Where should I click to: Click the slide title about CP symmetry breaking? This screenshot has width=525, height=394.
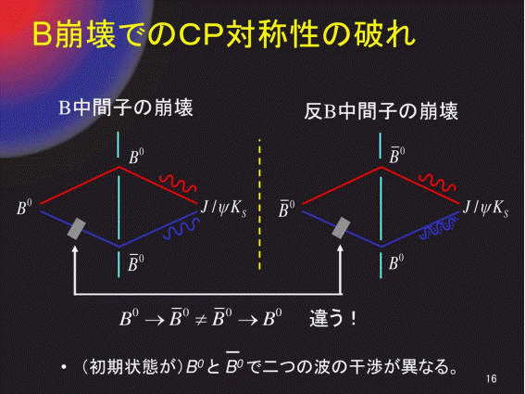tap(224, 34)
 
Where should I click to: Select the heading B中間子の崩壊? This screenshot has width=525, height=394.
tap(126, 108)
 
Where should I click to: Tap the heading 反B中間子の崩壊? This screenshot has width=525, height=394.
tap(381, 111)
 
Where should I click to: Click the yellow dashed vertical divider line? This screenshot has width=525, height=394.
tap(260, 204)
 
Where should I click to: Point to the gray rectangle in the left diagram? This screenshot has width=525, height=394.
tap(77, 229)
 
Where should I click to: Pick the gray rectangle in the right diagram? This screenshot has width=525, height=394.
tap(341, 228)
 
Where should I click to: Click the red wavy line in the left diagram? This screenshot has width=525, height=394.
tap(178, 183)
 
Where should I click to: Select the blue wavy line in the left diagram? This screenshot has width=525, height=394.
tap(181, 229)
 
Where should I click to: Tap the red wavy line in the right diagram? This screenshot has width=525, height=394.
tap(437, 183)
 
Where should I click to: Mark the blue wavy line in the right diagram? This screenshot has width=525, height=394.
tap(438, 228)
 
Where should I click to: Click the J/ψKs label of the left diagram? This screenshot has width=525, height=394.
tap(224, 209)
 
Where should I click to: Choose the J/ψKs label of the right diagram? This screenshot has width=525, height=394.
tap(485, 209)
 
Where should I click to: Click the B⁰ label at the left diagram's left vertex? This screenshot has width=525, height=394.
tap(24, 207)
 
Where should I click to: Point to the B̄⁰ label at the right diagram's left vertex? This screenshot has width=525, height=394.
tap(287, 208)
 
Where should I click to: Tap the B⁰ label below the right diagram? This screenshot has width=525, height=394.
tap(396, 261)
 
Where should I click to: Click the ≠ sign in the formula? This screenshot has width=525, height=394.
tap(201, 320)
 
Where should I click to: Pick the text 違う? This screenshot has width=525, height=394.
tap(332, 318)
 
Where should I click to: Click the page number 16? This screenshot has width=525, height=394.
tap(491, 379)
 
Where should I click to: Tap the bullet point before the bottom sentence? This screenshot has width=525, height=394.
tap(64, 367)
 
